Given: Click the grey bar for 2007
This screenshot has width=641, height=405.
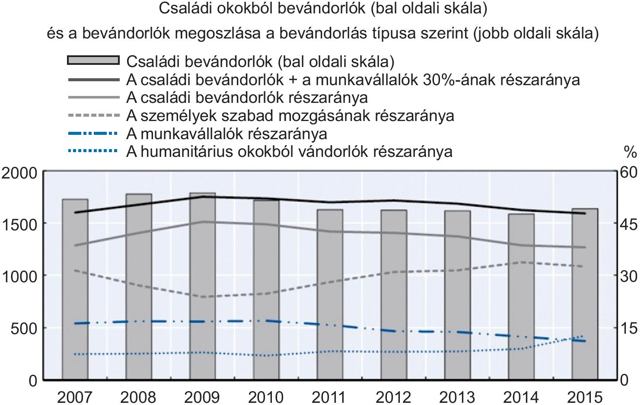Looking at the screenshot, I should tap(75, 290).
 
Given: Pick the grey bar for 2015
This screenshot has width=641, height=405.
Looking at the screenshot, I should tap(585, 294).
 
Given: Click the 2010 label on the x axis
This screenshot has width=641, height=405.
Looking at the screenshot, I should tap(266, 396).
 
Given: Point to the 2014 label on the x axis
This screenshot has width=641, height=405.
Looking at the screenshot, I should tap(521, 396).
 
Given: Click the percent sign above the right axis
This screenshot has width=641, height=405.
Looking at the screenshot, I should tap(630, 152).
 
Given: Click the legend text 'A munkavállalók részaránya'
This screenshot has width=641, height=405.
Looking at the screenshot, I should tap(226, 134).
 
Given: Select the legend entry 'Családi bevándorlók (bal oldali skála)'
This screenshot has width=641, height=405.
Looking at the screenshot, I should tap(260, 61).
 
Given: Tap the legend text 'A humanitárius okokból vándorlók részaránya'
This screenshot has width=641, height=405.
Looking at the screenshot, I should tap(289, 152).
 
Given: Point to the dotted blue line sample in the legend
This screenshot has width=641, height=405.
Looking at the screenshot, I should tap(93, 151).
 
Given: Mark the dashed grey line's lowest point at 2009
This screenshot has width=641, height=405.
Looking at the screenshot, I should tap(203, 297).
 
